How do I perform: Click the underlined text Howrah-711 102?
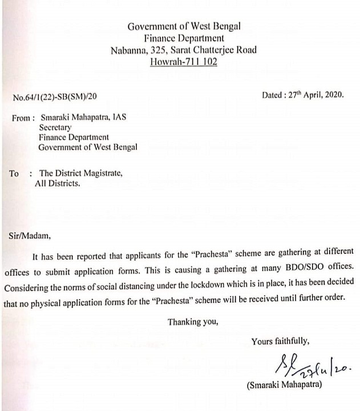click(x=183, y=62)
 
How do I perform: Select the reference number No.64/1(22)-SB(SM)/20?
click(x=58, y=97)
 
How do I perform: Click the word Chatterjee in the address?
click(x=217, y=50)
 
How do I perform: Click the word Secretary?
click(x=54, y=128)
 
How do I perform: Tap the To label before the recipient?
click(x=14, y=174)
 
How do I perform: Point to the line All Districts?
click(x=58, y=184)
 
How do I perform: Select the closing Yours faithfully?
click(x=280, y=341)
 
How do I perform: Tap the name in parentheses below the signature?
click(x=284, y=385)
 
